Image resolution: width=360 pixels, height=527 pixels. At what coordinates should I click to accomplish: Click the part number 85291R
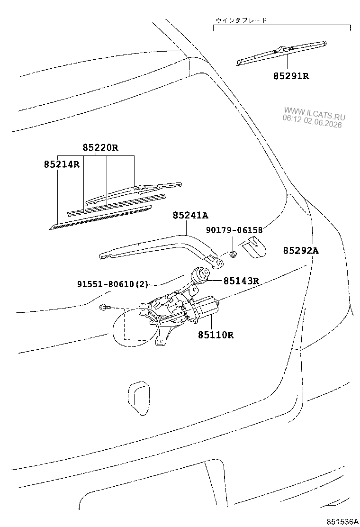[291, 76]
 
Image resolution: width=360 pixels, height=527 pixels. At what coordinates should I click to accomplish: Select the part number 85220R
[100, 147]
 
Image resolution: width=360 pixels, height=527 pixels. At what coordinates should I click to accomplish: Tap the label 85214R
[62, 164]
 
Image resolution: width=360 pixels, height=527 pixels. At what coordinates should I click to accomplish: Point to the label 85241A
[190, 215]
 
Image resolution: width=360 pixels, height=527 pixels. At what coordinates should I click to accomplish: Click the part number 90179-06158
[234, 230]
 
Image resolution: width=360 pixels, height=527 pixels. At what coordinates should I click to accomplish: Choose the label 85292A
[301, 250]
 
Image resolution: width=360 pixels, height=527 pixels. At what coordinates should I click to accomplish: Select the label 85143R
[241, 280]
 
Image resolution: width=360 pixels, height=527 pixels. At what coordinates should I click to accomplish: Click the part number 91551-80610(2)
[113, 284]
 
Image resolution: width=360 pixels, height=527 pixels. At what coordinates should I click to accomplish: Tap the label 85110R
[215, 335]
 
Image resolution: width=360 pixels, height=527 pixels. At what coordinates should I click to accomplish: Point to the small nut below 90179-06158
[233, 254]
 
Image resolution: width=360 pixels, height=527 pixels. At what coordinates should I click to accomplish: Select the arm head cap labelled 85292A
[254, 247]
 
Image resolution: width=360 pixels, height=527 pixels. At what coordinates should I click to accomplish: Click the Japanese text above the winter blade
[242, 20]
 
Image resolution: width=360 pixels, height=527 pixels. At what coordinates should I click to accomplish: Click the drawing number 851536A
[342, 522]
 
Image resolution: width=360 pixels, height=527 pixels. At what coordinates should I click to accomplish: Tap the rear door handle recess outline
[139, 398]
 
